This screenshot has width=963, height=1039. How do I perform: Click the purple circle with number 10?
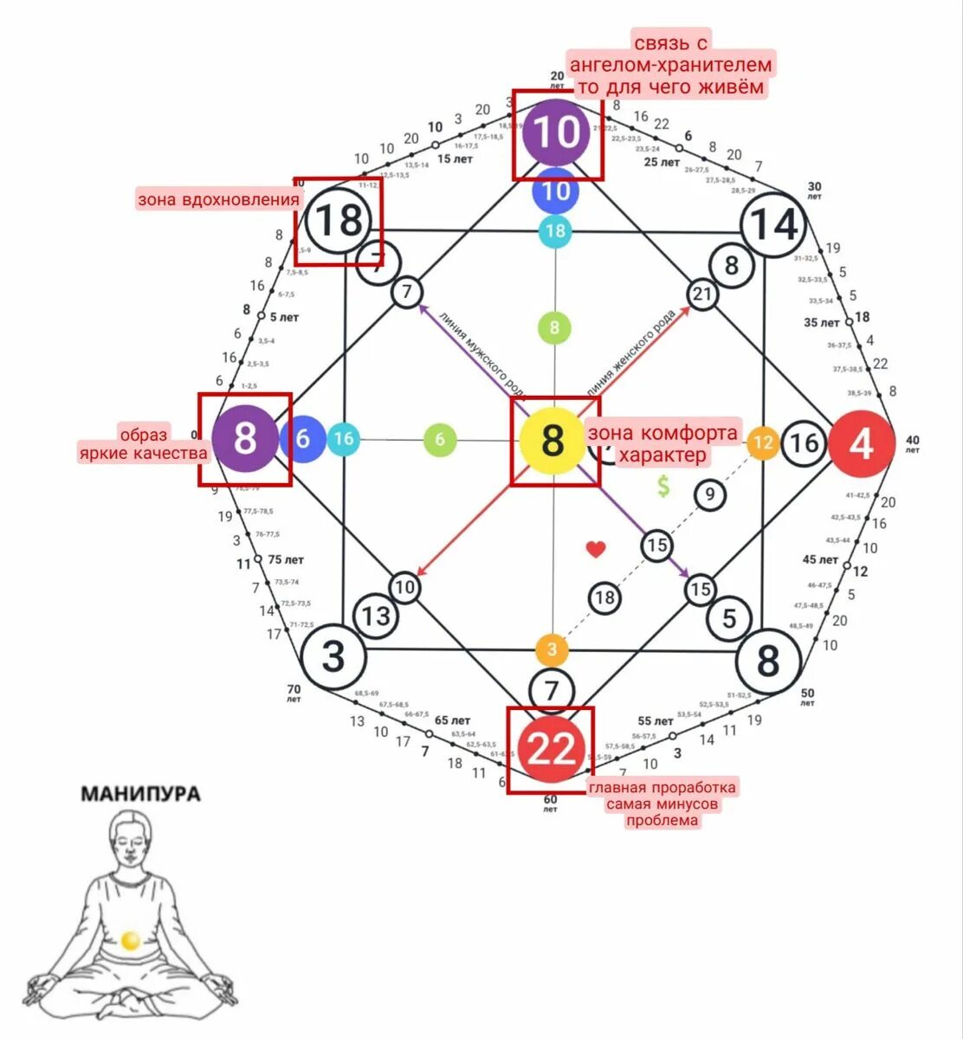[556, 132]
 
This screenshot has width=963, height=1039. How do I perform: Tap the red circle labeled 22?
[551, 749]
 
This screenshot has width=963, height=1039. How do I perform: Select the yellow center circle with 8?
[553, 440]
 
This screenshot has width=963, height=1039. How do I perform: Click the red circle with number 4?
[861, 443]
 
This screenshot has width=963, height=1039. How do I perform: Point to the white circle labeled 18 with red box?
[339, 221]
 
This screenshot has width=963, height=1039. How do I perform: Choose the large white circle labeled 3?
[334, 656]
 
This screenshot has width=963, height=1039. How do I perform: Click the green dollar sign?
[663, 487]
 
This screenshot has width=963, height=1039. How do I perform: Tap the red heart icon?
[596, 549]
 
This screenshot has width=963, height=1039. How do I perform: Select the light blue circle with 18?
[555, 231]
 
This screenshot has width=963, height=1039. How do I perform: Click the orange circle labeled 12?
[763, 442]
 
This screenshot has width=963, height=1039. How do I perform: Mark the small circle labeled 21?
[701, 294]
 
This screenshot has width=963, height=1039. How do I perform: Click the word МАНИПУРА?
[140, 794]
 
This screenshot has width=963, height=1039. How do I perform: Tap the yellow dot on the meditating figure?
[131, 940]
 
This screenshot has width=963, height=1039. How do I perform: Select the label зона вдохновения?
[218, 200]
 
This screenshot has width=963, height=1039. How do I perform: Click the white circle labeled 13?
[376, 616]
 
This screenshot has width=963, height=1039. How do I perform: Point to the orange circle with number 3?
[552, 649]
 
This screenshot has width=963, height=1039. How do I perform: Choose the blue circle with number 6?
[302, 439]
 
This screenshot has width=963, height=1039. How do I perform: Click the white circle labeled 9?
[709, 495]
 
